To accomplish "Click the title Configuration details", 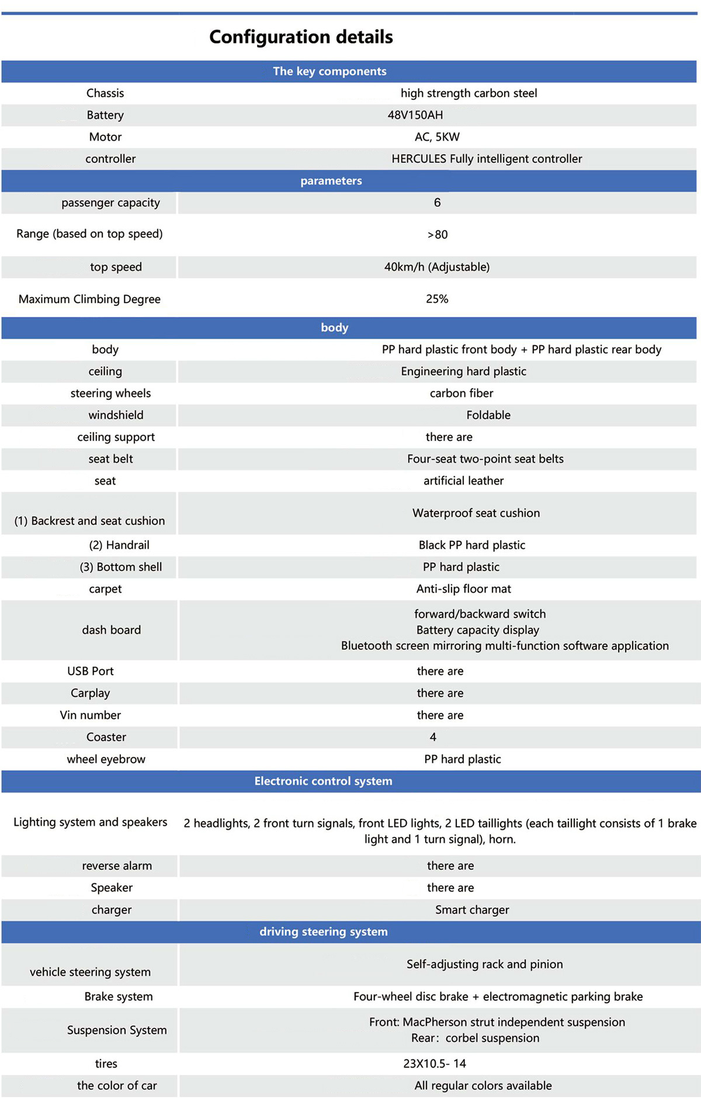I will point(301,37).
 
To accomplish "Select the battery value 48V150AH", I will point(415,115).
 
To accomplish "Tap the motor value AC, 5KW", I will point(437,137).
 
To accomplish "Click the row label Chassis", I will point(105,93).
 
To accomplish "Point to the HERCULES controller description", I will point(487,159).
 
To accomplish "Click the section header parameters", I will point(331,181).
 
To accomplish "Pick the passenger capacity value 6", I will point(437,203).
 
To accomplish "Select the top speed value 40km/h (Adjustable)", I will point(437,267).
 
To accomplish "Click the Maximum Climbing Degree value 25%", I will point(437,299).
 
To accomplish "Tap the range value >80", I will point(437,235).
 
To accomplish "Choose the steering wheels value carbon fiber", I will point(461,394).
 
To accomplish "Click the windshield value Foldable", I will point(488,415).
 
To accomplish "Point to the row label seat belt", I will point(110,459).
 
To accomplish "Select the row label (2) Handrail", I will point(119,545).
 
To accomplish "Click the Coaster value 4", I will point(433,738).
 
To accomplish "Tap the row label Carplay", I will point(90,693).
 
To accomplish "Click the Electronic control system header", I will point(323,781).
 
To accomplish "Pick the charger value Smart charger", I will point(472,910).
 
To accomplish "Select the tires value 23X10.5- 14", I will point(435,1063).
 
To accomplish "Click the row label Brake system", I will point(119,997).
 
